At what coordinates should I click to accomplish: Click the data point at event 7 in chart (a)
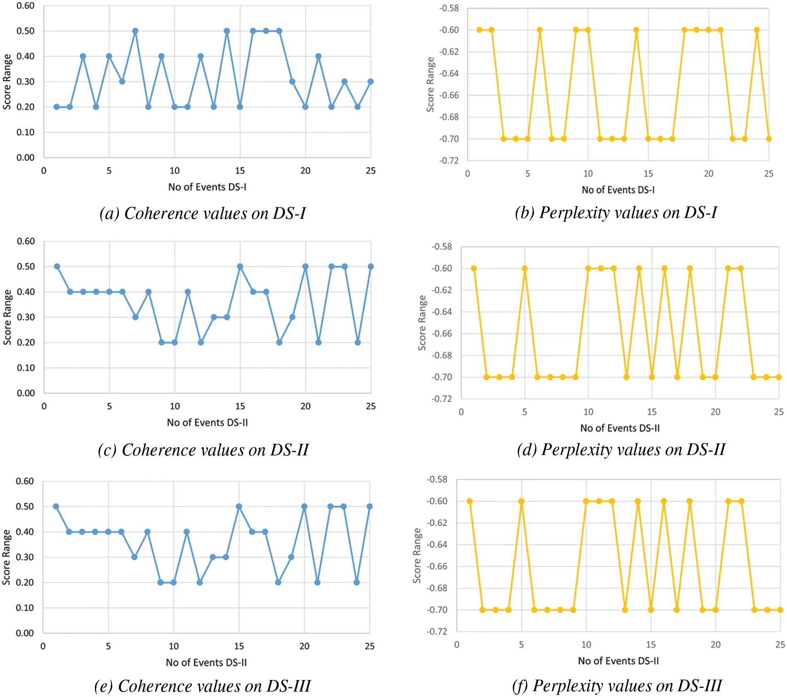(135, 31)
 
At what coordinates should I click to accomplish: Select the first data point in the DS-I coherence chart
(57, 107)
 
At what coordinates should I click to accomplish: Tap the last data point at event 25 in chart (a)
(370, 82)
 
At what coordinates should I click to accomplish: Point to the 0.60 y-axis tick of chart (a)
(25, 6)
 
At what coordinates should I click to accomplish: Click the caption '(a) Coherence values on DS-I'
(203, 213)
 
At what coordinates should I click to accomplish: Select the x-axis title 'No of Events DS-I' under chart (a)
(207, 187)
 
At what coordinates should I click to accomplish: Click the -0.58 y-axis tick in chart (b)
(449, 8)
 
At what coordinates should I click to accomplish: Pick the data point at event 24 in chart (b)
(757, 30)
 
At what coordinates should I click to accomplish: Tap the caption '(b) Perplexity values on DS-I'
(616, 213)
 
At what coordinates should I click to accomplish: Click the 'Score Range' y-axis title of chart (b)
(431, 85)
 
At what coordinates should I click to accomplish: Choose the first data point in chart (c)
(57, 266)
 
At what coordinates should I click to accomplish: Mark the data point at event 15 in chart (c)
(240, 266)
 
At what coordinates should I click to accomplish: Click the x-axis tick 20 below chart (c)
(305, 407)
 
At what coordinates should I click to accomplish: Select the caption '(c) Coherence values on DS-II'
(203, 450)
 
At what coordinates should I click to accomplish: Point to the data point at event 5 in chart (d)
(525, 269)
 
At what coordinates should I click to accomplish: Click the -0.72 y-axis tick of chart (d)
(442, 399)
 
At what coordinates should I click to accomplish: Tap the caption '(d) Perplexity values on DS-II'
(621, 450)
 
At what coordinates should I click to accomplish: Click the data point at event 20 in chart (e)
(304, 506)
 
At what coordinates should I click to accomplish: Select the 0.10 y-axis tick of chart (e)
(24, 608)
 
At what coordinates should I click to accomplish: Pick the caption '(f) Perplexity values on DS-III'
(617, 686)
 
